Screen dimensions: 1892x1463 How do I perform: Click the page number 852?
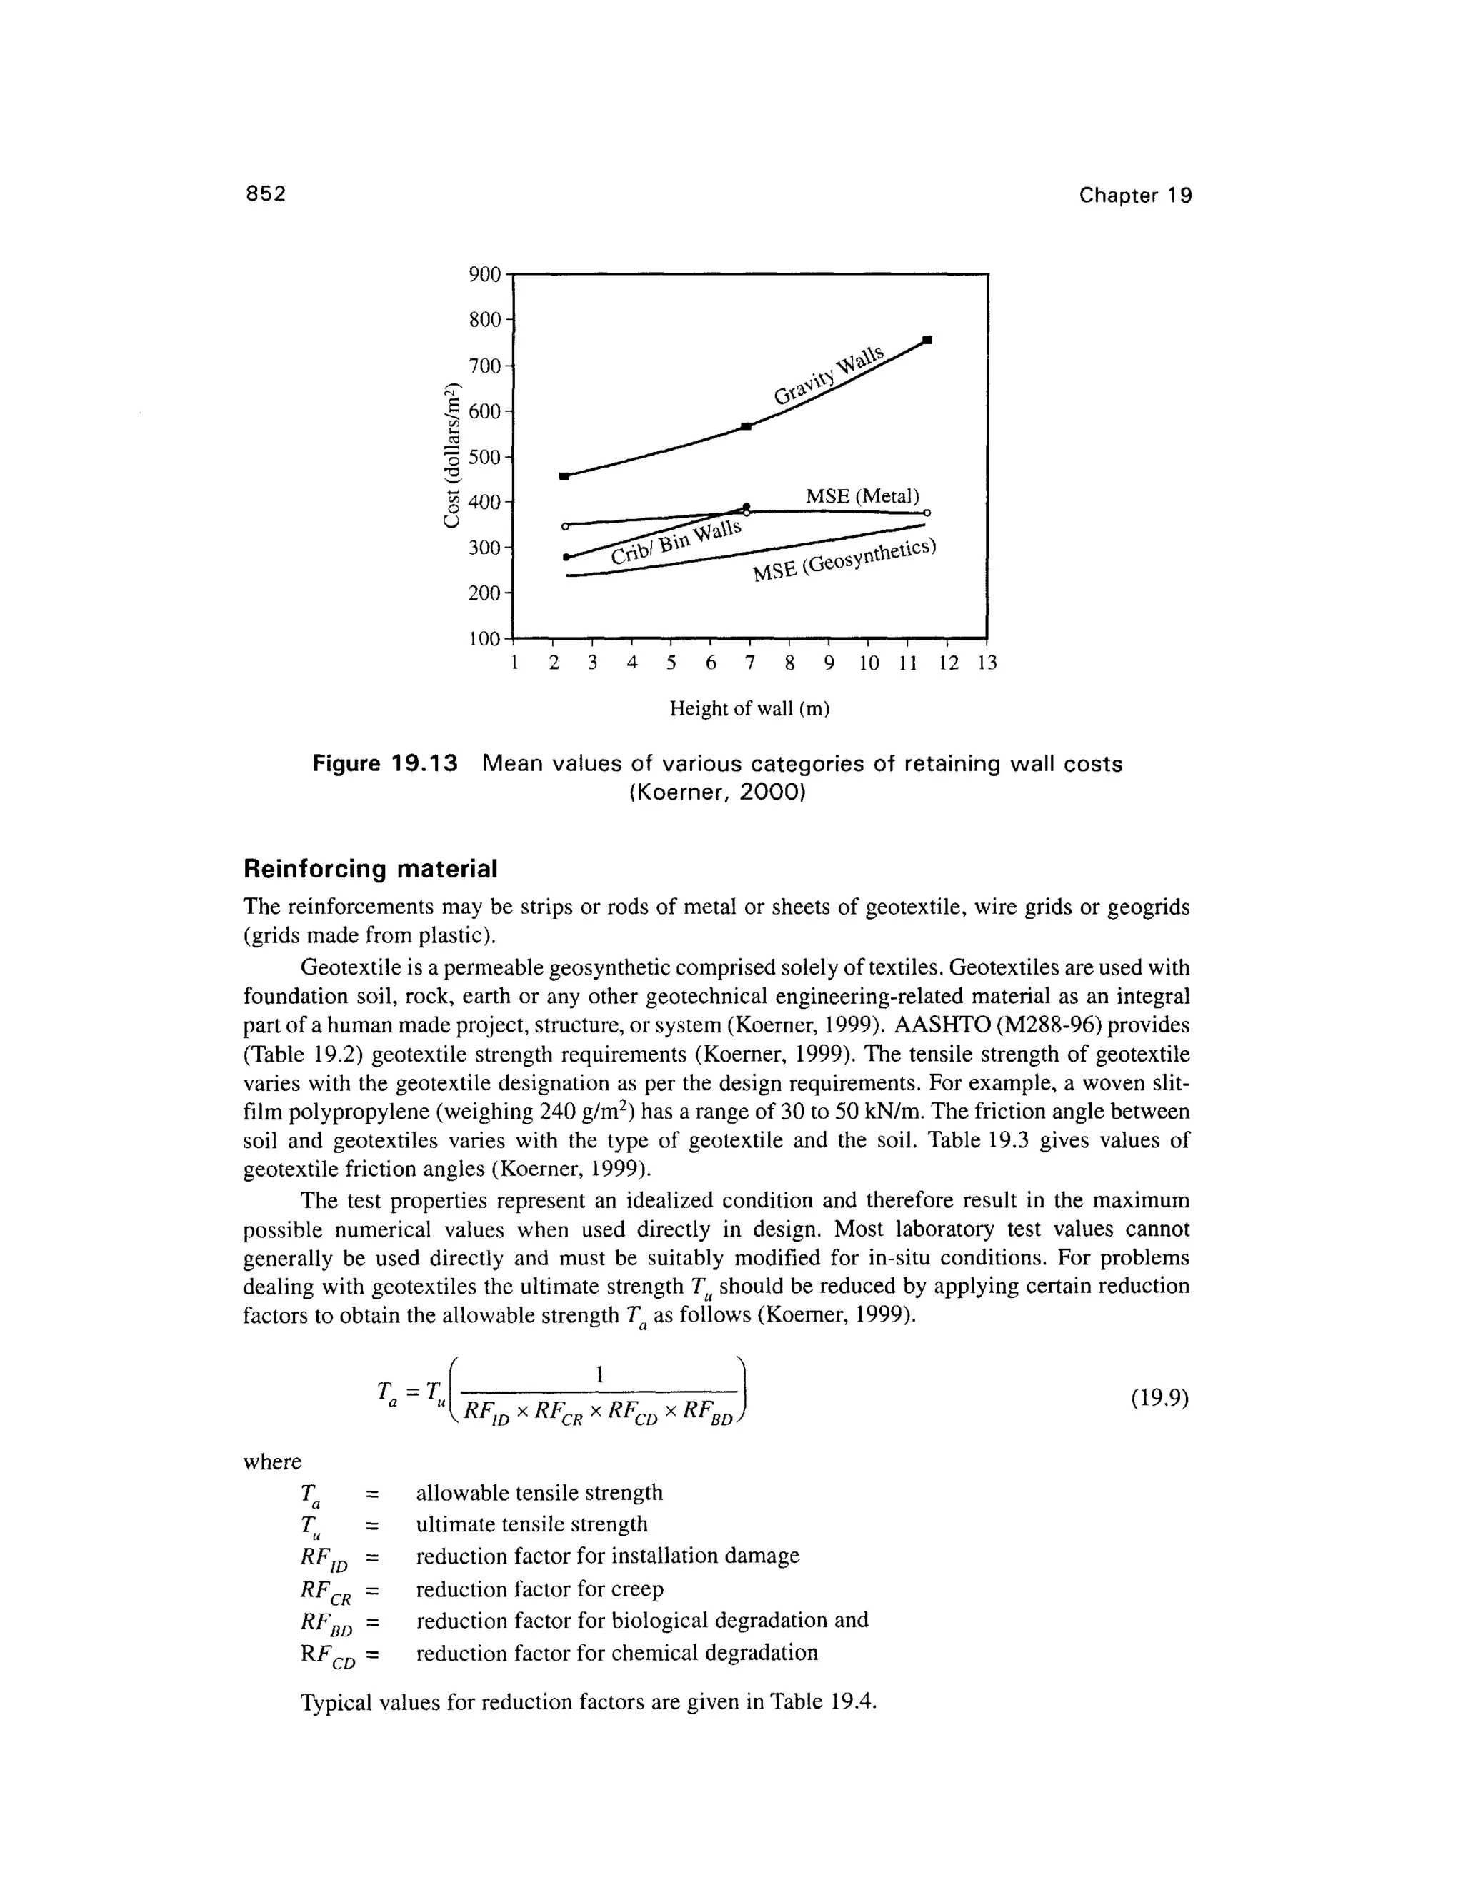click(x=265, y=194)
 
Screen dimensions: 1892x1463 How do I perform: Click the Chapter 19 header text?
click(x=1134, y=196)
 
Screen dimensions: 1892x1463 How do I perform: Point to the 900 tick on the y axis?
click(x=484, y=275)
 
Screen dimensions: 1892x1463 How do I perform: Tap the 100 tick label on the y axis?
click(x=484, y=638)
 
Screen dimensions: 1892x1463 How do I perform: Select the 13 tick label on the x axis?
click(x=987, y=663)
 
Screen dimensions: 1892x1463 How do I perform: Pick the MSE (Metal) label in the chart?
click(x=862, y=495)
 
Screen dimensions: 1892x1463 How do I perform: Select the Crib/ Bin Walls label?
click(x=676, y=543)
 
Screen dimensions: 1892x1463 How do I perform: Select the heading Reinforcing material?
click(x=370, y=868)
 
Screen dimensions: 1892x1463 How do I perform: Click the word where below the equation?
click(x=272, y=1462)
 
